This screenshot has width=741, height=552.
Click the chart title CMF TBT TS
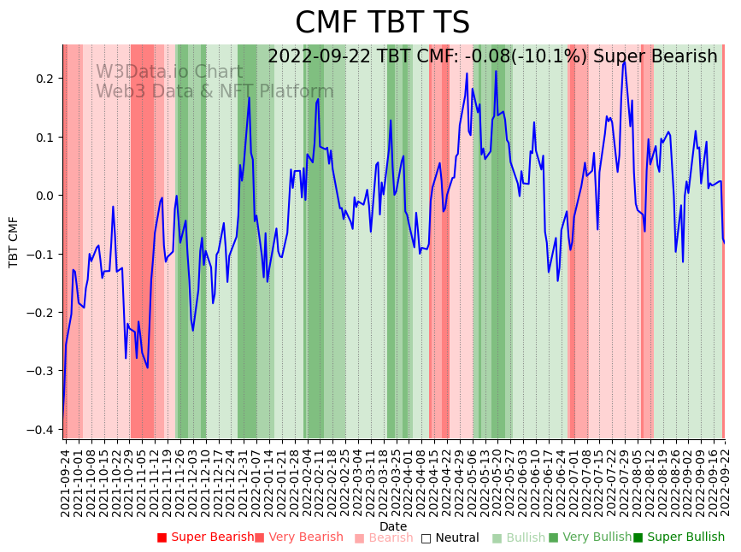382,23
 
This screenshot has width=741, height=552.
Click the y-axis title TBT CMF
14,242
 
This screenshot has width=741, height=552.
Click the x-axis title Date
393,526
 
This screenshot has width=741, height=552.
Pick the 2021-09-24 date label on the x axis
65,482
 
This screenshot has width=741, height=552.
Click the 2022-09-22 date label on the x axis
725,482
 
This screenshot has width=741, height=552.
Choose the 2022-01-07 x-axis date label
255,482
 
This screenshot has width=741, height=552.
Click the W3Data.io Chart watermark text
169,73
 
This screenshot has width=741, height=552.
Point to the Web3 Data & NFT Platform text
215,91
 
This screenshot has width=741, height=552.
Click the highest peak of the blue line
624,61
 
